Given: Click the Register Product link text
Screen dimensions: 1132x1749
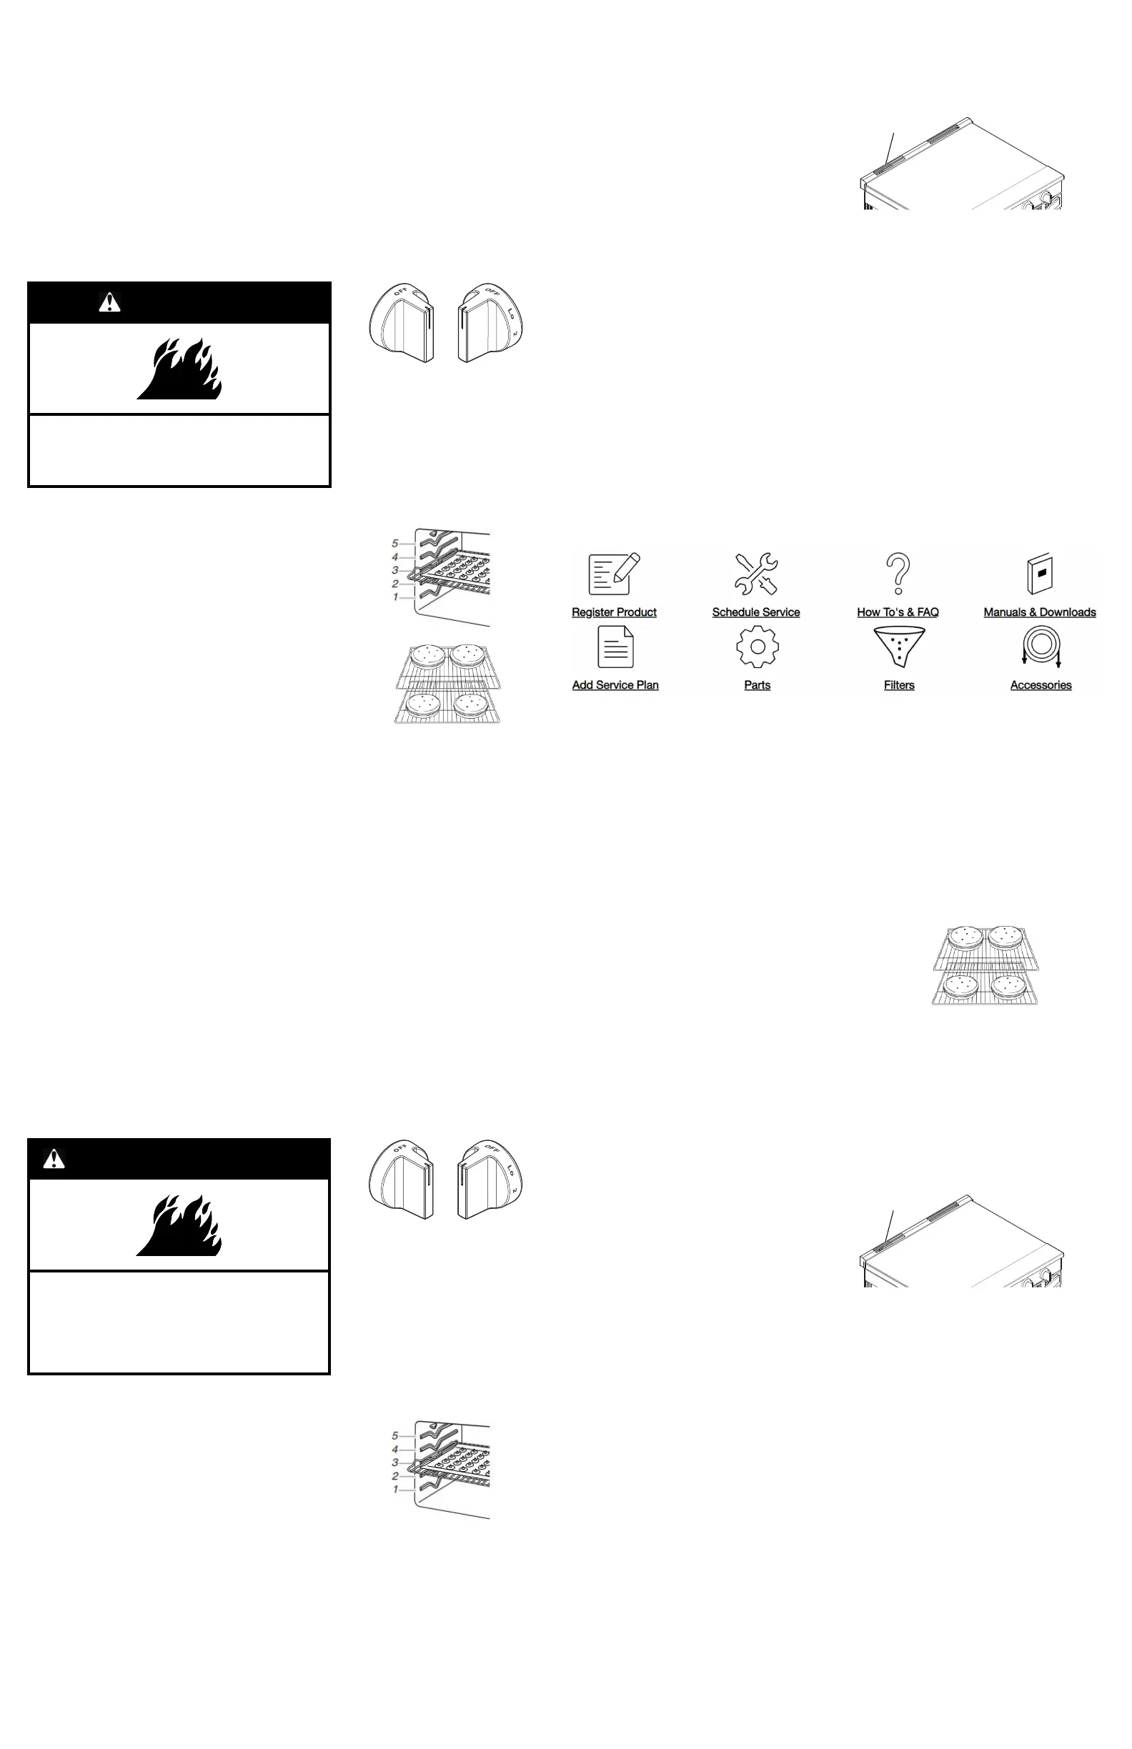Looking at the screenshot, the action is coord(614,612).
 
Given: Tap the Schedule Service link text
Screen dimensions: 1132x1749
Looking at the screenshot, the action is coord(755,612).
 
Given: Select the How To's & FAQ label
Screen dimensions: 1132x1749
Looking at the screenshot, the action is coord(898,612).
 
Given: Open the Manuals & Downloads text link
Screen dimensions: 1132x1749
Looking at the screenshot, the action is coord(1039,612).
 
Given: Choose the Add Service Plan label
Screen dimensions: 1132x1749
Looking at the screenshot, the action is coord(615,685).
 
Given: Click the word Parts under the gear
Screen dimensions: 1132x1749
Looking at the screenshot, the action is coord(757,685).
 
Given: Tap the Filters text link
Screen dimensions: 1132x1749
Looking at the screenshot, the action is coord(899,685).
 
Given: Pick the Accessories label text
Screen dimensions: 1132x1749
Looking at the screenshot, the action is coord(1041,685).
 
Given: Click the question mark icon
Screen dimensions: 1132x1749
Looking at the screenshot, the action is coord(898,574).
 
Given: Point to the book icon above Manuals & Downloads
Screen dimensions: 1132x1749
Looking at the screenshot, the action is coord(1040,574).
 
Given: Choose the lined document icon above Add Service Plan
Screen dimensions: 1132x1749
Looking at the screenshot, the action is coord(615,647).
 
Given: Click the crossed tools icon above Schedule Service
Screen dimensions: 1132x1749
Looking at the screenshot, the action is coord(755,574).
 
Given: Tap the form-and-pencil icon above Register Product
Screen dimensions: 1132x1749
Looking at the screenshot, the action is coord(615,574).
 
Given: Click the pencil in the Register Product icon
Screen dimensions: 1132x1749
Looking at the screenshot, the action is coord(627,569).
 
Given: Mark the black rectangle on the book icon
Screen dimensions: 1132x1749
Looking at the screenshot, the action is coord(1041,571).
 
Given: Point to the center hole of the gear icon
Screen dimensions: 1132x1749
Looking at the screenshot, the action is coord(757,647).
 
